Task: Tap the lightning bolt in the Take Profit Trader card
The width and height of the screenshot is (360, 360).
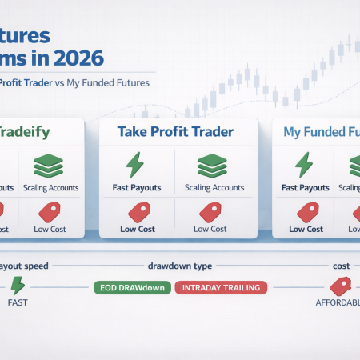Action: (x=134, y=165)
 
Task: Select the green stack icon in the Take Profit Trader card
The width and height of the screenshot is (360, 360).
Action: (x=212, y=165)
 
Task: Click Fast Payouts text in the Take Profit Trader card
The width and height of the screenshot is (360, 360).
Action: (x=134, y=188)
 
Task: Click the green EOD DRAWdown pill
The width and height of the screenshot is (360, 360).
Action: (x=131, y=286)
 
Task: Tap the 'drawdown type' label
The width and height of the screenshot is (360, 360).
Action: (x=178, y=265)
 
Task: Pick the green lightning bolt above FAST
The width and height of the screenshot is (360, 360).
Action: (x=18, y=286)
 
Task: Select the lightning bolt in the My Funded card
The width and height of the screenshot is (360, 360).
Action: (x=304, y=165)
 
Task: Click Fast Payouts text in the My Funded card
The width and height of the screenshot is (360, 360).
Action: (x=304, y=188)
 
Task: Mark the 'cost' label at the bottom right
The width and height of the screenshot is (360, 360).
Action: (x=342, y=265)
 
